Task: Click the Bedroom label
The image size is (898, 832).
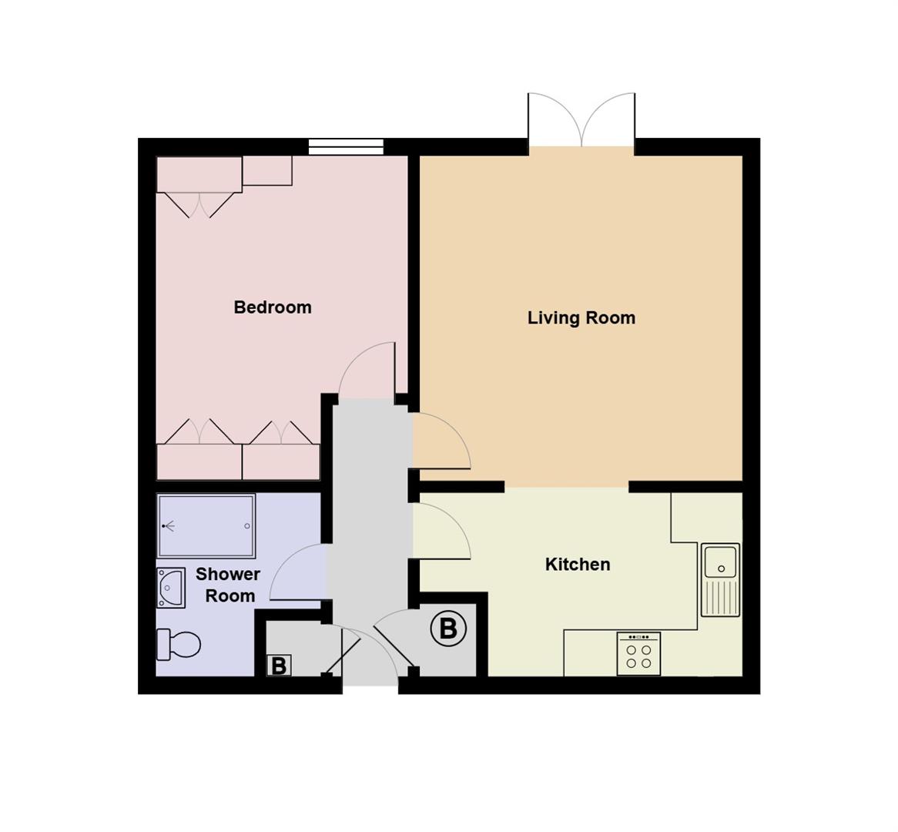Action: (x=273, y=307)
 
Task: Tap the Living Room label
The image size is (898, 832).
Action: (x=581, y=318)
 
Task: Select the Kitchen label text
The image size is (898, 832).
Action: (x=577, y=565)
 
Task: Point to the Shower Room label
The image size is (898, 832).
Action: (x=228, y=585)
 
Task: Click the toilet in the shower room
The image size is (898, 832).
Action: (x=179, y=644)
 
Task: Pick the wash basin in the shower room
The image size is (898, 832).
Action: (x=171, y=589)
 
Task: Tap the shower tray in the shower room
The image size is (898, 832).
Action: (x=206, y=525)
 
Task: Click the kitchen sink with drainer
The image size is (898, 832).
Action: (x=720, y=579)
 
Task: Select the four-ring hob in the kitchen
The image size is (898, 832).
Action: (x=638, y=654)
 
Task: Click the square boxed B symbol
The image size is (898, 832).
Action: (x=279, y=666)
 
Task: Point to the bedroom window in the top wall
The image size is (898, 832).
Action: (x=346, y=146)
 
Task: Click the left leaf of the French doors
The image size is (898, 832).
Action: (x=553, y=119)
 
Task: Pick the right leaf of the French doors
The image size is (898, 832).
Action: (x=610, y=119)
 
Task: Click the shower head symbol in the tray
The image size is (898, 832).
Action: (x=167, y=526)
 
